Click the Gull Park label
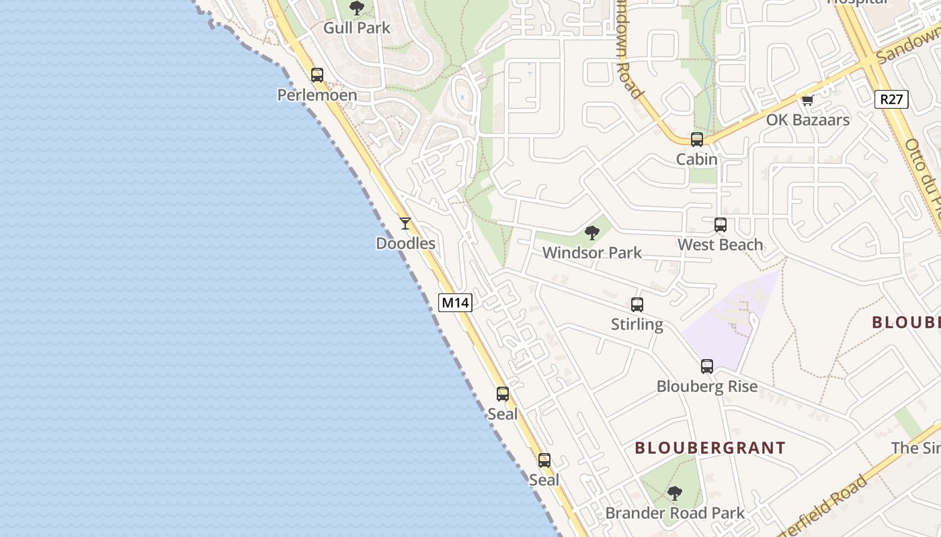click(x=357, y=28)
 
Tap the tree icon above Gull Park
click(x=357, y=9)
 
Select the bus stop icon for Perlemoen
click(x=317, y=75)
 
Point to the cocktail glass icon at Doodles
click(x=405, y=224)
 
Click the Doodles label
click(x=405, y=244)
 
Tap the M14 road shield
click(x=455, y=303)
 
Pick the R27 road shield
click(x=891, y=99)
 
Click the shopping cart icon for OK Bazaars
click(x=807, y=101)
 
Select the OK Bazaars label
click(x=808, y=120)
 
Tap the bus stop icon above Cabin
click(x=697, y=140)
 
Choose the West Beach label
click(x=720, y=245)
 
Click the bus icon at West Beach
click(x=721, y=225)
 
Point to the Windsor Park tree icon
click(x=592, y=233)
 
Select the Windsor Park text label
click(x=592, y=253)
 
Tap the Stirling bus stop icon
click(x=637, y=305)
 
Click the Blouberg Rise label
click(x=707, y=387)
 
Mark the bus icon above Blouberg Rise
click(x=707, y=367)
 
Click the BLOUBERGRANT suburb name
click(x=710, y=448)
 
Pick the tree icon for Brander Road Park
click(x=675, y=493)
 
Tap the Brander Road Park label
click(x=675, y=514)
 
